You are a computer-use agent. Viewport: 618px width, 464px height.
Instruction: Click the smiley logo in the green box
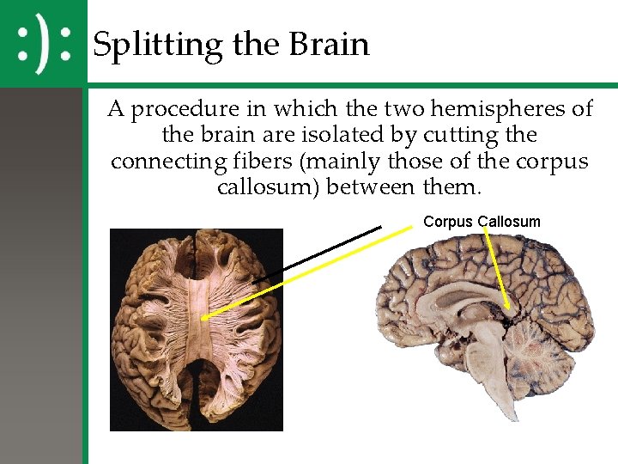43,43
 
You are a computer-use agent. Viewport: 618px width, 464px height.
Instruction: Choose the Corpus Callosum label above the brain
482,222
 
